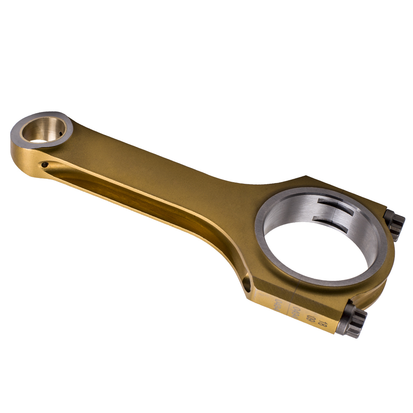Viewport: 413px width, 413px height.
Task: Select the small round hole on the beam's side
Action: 44,166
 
